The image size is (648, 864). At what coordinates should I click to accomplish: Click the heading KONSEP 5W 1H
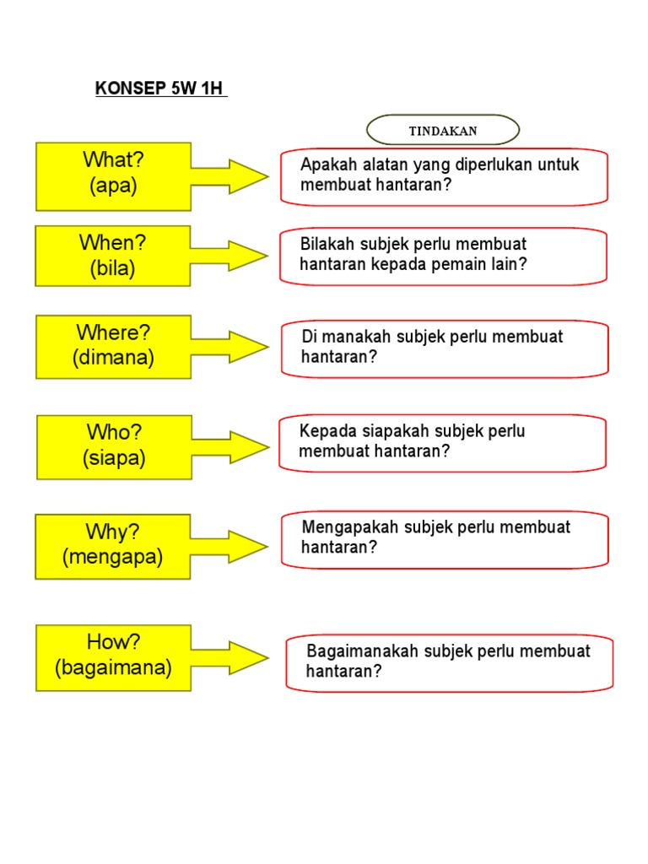coord(160,90)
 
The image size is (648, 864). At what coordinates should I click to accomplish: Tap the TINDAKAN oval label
coord(443,131)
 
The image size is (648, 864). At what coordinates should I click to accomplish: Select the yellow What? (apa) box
coord(113,175)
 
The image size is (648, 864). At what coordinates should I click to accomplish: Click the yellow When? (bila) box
coord(112,256)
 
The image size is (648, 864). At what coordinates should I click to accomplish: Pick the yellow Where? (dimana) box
coord(113,346)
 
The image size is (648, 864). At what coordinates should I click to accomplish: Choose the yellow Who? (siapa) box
coord(114,446)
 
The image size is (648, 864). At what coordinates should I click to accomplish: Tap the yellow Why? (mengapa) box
coord(112,546)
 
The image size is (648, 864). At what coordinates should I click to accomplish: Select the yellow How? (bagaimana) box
coord(113,656)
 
